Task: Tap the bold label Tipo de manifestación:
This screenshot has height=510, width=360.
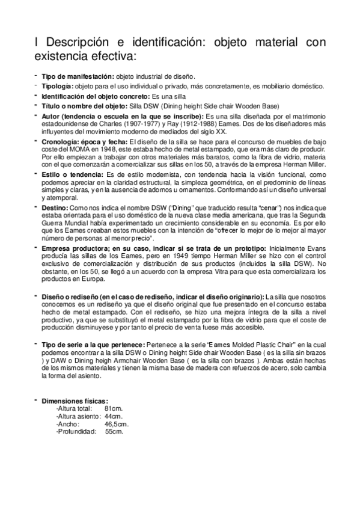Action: [78, 76]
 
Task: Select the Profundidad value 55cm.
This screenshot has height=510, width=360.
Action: [114, 431]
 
